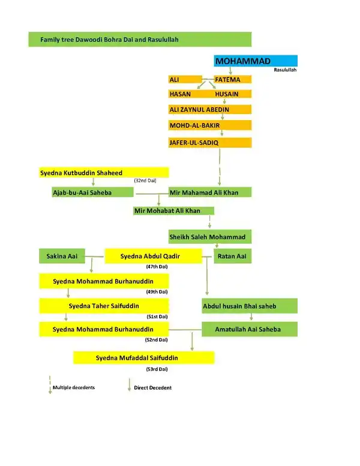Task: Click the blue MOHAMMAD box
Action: pyautogui.click(x=256, y=61)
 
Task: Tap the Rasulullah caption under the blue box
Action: pyautogui.click(x=285, y=70)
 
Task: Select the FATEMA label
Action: pyautogui.click(x=227, y=80)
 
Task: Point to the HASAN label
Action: pyautogui.click(x=180, y=94)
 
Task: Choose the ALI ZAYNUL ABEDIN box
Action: pyautogui.click(x=210, y=109)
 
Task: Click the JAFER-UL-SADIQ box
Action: pyautogui.click(x=210, y=143)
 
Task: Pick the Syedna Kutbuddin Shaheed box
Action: pyautogui.click(x=104, y=173)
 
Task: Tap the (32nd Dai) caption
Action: pyautogui.click(x=145, y=180)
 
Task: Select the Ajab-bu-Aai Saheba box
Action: pyautogui.click(x=92, y=192)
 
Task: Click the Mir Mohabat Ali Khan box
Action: pyautogui.click(x=173, y=211)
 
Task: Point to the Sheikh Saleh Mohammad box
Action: pyautogui.click(x=210, y=237)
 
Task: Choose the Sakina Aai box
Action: pyautogui.click(x=62, y=256)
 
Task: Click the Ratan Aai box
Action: pyautogui.click(x=233, y=256)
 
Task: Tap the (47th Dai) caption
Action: pyautogui.click(x=157, y=267)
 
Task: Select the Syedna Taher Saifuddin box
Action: pyautogui.click(x=104, y=306)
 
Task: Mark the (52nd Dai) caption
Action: pyautogui.click(x=156, y=340)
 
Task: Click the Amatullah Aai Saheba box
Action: pyautogui.click(x=250, y=329)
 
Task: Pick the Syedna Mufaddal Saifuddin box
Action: pyautogui.click(x=144, y=358)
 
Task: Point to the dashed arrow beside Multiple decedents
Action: pyautogui.click(x=50, y=385)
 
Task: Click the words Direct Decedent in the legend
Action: pyautogui.click(x=152, y=387)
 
